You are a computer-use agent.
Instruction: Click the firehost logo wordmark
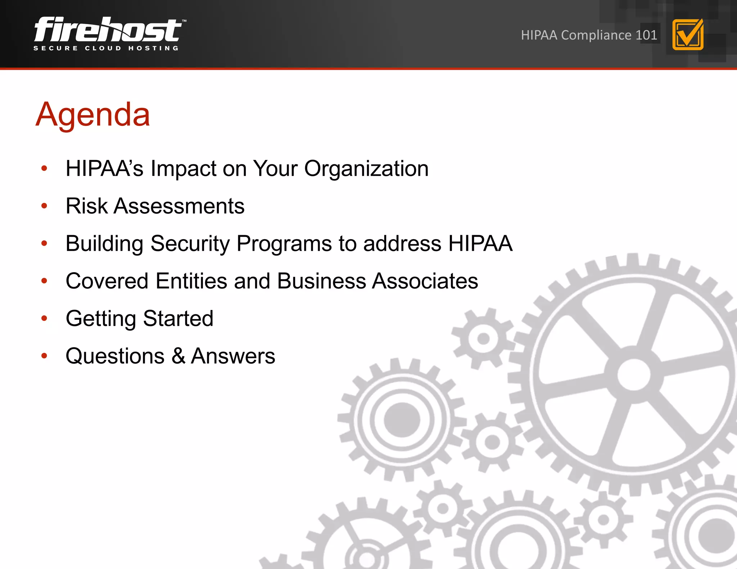[108, 29]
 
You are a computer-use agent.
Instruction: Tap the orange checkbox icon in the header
[688, 35]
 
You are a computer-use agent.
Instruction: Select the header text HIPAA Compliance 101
[589, 35]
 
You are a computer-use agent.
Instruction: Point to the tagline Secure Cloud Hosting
[106, 48]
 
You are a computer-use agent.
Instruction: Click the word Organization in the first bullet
[366, 168]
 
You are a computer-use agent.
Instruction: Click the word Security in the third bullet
[190, 244]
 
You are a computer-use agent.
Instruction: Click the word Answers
[233, 356]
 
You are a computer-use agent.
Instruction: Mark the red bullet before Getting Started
[44, 318]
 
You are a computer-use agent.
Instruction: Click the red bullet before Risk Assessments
[44, 206]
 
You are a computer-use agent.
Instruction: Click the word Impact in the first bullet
[183, 168]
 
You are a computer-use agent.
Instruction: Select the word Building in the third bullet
[104, 244]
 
